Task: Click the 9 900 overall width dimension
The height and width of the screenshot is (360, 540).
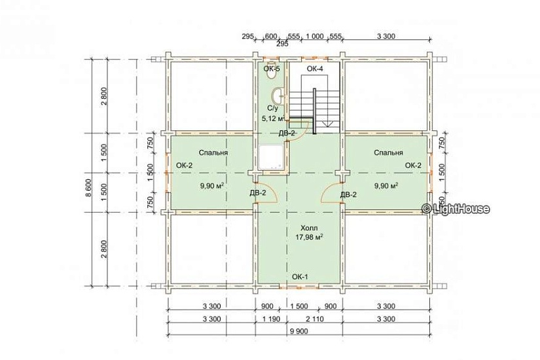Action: point(298,331)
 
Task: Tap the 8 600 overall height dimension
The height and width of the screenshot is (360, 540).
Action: point(88,188)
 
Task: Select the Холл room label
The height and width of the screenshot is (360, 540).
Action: point(309,228)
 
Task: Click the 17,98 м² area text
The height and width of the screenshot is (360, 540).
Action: point(309,237)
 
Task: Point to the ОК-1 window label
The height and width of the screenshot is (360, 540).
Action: point(300,277)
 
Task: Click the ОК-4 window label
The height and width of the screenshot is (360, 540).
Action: point(315,69)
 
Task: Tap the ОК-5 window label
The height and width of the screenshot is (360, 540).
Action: point(272,69)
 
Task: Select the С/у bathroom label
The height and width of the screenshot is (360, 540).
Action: point(272,108)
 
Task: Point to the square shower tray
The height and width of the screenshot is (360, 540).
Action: point(272,158)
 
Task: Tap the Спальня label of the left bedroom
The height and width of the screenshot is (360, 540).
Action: point(213,153)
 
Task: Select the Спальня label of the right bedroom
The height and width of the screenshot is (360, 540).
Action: point(388,153)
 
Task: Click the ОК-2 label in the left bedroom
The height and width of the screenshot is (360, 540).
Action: point(185,166)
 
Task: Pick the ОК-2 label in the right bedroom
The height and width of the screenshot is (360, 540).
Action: point(413,166)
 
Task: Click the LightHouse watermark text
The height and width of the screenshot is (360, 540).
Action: point(456,208)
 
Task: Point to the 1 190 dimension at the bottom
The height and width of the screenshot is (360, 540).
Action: point(271,319)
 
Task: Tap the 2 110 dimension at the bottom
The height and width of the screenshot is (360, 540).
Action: point(315,319)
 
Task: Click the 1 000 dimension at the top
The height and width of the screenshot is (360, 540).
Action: point(314,36)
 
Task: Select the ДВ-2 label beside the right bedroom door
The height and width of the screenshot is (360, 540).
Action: point(348,194)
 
